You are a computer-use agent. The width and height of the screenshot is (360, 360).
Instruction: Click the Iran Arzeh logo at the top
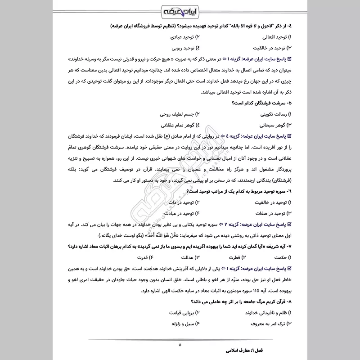tap(180, 10)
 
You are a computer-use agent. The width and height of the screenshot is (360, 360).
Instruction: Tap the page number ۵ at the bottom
tap(180, 345)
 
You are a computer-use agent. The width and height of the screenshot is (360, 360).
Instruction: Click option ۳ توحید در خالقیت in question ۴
tap(270, 47)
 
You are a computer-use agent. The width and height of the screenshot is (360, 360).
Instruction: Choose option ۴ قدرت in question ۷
tap(156, 257)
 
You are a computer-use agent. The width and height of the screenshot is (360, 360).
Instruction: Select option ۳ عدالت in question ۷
tap(194, 257)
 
